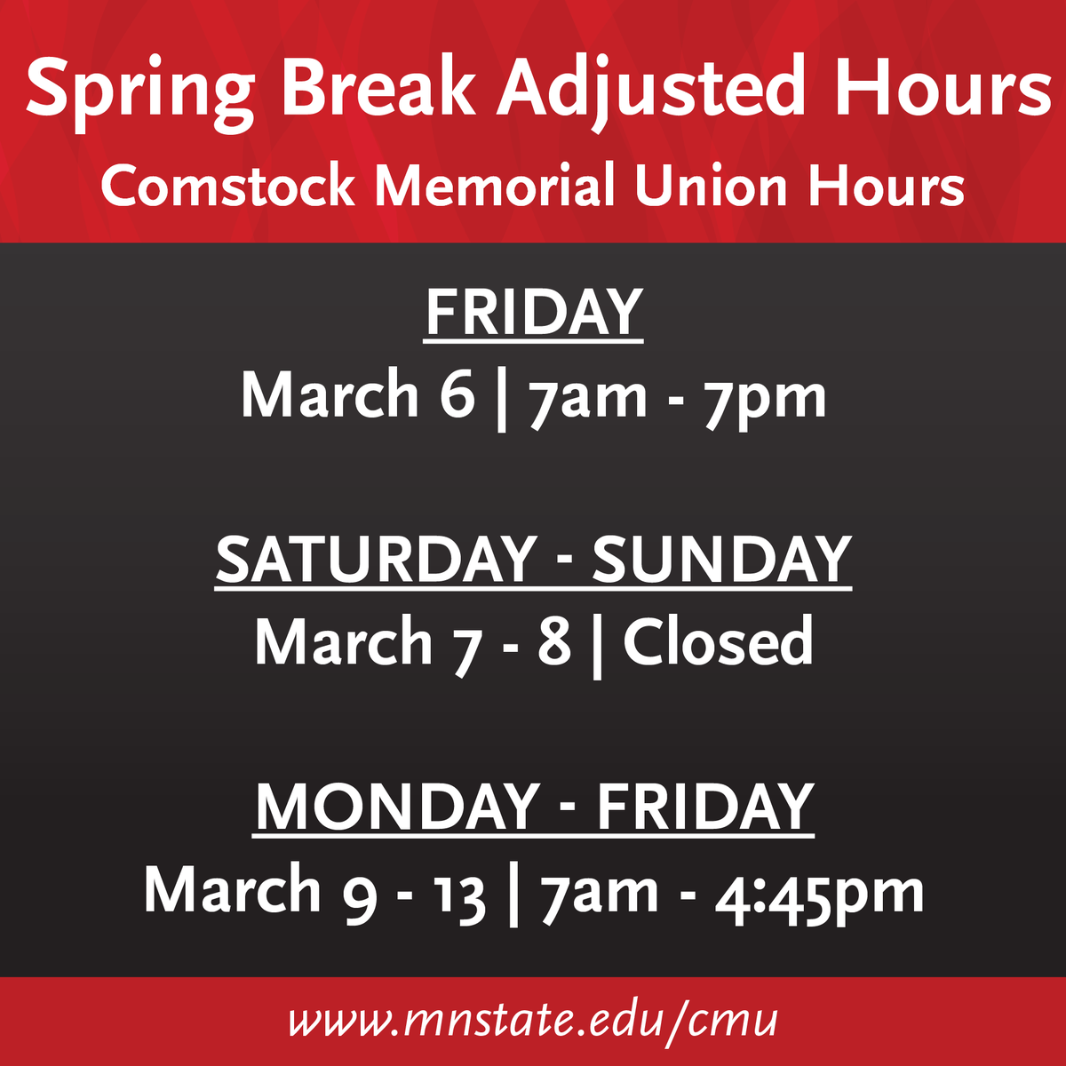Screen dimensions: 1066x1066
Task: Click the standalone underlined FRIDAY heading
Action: tap(533, 313)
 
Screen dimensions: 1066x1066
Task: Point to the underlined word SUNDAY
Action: tap(721, 560)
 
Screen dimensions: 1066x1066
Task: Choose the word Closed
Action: tap(718, 641)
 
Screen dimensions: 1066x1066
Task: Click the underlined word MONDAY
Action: tap(396, 807)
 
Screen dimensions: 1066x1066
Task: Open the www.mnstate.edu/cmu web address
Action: tap(533, 1021)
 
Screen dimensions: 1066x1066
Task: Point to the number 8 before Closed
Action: tap(553, 641)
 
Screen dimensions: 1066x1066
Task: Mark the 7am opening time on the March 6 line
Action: tap(588, 396)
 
